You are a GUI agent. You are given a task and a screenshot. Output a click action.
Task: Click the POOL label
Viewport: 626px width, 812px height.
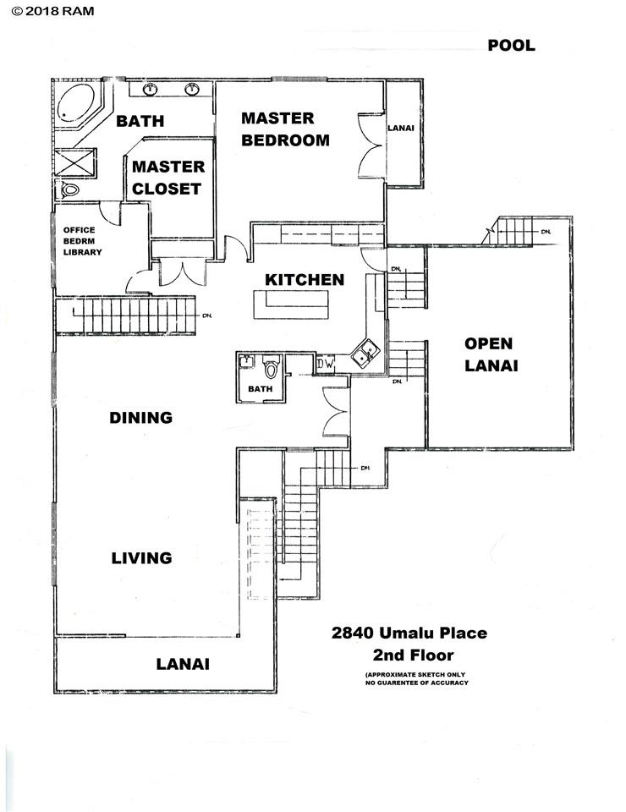(511, 46)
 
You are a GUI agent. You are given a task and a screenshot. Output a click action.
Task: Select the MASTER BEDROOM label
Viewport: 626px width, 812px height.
(285, 129)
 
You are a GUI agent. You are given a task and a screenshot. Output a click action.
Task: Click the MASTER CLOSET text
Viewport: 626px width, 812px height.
(167, 178)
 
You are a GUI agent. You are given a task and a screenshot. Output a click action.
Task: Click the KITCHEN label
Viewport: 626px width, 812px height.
(305, 279)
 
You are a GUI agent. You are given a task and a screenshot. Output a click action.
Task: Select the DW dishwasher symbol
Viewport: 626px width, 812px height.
(326, 365)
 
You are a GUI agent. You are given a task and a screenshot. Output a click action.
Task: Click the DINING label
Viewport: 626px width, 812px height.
(141, 417)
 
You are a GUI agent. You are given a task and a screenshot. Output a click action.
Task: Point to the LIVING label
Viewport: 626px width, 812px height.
(142, 557)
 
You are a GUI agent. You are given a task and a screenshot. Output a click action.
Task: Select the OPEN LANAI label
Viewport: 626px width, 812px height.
(488, 354)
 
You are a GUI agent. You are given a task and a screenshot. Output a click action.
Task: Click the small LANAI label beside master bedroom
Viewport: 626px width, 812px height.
(400, 129)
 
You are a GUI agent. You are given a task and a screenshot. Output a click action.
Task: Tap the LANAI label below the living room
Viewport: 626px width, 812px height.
(183, 664)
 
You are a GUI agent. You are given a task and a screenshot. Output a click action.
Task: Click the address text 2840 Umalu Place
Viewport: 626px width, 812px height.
(409, 633)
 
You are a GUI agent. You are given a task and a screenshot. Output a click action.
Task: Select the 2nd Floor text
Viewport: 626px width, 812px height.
(413, 655)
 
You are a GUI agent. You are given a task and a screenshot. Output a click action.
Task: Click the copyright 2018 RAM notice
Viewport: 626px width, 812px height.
(47, 11)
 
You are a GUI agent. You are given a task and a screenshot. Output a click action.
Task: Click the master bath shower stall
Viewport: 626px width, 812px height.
(74, 162)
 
